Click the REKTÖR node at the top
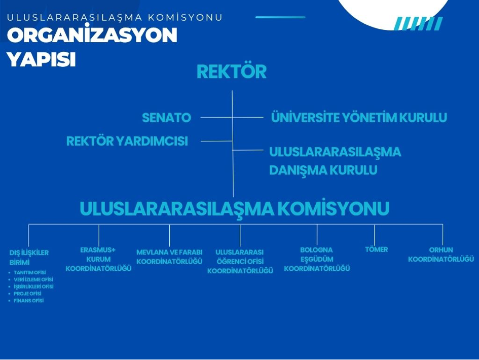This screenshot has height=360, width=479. click(x=232, y=71)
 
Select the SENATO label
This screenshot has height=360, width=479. click(x=166, y=118)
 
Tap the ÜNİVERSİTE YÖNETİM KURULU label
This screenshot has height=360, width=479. click(x=359, y=117)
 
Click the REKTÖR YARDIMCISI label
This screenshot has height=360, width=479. click(x=127, y=141)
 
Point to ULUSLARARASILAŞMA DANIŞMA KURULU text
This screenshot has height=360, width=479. click(x=335, y=161)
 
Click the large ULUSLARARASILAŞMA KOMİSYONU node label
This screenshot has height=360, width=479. click(x=235, y=209)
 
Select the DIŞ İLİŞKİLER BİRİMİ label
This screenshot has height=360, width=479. click(x=29, y=258)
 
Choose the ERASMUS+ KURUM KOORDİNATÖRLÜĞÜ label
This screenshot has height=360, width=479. click(x=98, y=259)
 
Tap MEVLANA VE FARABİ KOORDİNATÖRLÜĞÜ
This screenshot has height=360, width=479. click(x=169, y=257)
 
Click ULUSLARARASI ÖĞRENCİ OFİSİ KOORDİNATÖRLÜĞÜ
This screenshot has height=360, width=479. click(x=240, y=261)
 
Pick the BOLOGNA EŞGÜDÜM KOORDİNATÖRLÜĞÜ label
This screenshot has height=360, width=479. click(x=317, y=259)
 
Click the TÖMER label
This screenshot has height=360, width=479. click(x=376, y=249)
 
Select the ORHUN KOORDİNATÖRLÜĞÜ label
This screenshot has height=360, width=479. click(x=441, y=255)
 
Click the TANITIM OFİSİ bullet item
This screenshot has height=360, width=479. click(x=29, y=272)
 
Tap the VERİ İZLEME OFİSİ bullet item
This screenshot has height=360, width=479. click(x=33, y=279)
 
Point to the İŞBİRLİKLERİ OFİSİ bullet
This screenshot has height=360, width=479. click(x=33, y=286)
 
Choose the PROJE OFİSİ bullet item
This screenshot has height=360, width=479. click(x=27, y=294)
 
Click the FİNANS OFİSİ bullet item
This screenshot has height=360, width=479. click(x=29, y=300)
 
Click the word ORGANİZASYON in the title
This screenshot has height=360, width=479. click(x=92, y=34)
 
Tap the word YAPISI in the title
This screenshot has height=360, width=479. click(x=41, y=59)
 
